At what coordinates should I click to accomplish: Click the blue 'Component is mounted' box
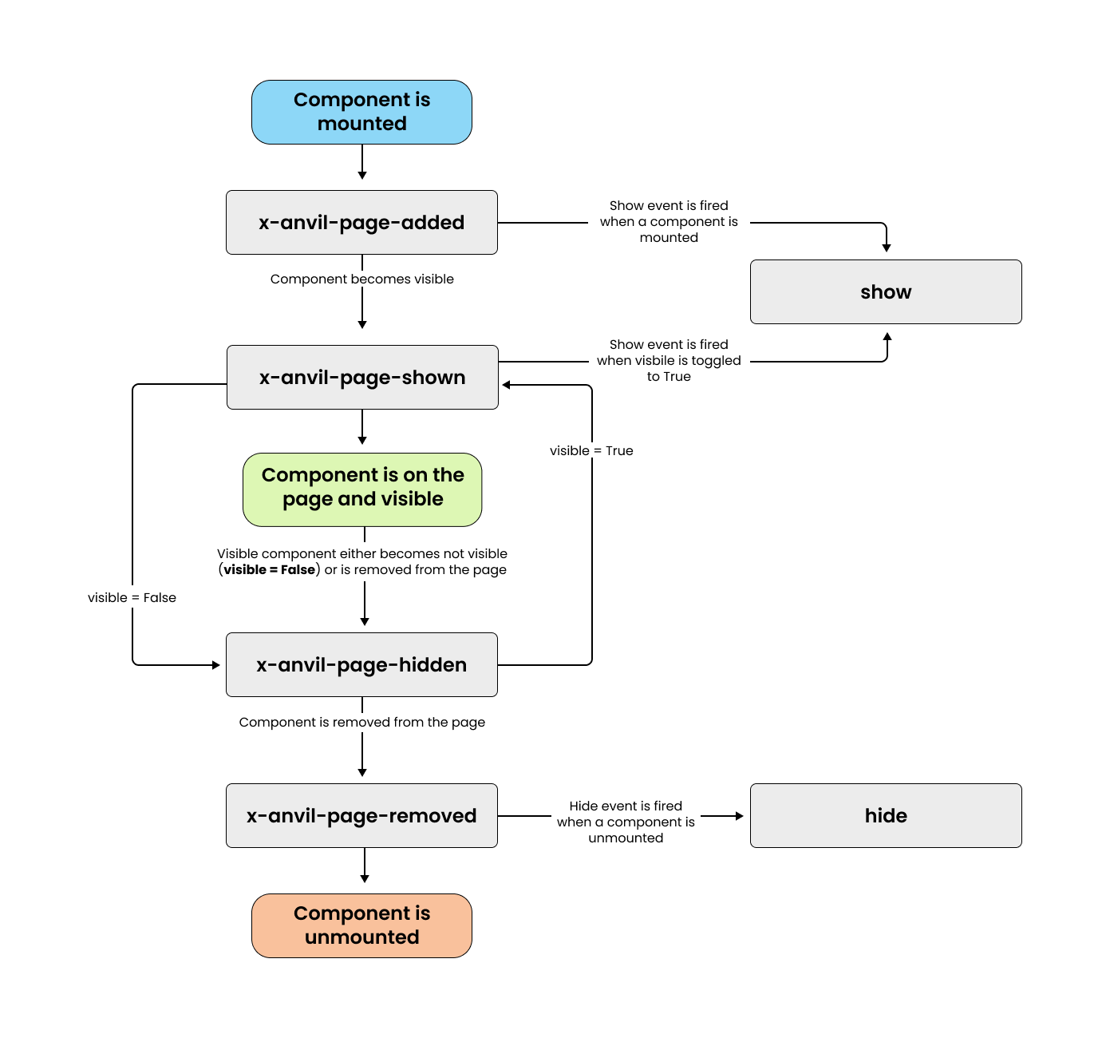tap(361, 112)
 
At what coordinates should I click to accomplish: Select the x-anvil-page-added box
tap(361, 223)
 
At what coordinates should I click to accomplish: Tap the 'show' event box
tap(886, 292)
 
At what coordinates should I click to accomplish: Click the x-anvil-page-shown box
tap(362, 378)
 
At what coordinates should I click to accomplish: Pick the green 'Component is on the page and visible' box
tap(362, 487)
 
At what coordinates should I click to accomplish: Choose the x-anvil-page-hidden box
tap(361, 665)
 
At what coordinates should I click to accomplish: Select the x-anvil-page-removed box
tap(361, 816)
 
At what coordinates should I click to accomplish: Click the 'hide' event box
tap(886, 816)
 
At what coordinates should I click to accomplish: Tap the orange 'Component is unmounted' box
tap(361, 925)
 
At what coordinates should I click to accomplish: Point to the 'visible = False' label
tap(132, 598)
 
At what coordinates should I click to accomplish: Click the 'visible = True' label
tap(591, 451)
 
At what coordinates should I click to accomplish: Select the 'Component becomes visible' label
tap(361, 279)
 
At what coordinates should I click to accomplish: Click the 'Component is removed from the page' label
tap(361, 723)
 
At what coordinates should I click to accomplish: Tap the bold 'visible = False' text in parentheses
tap(269, 570)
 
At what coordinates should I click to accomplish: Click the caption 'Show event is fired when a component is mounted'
tap(669, 222)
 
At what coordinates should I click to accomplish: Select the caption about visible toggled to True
tap(669, 361)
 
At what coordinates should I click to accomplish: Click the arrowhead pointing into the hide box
tap(739, 816)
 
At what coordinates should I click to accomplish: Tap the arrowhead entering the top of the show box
tap(887, 248)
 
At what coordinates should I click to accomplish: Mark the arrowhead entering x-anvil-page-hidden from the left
tap(215, 665)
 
